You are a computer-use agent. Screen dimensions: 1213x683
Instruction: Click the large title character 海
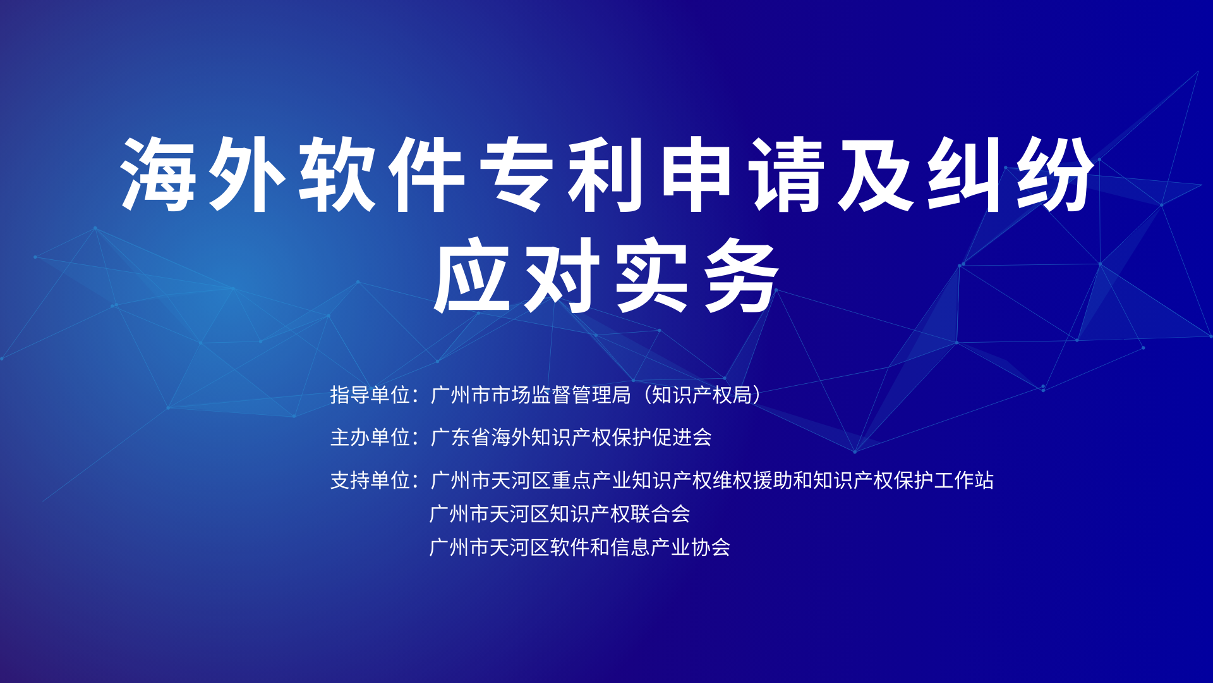tap(159, 174)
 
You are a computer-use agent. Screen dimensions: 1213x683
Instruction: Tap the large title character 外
tap(247, 174)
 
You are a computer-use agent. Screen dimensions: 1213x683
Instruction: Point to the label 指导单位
tap(370, 395)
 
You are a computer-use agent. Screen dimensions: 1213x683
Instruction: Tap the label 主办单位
tap(370, 437)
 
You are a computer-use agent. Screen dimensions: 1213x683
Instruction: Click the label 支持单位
tap(370, 480)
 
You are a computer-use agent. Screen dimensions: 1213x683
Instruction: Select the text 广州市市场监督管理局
tap(531, 395)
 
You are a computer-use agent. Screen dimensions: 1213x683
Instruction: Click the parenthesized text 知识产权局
tap(701, 395)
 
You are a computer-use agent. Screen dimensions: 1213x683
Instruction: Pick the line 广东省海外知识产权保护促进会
tap(571, 437)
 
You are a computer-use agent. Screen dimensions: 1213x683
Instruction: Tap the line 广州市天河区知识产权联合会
tap(560, 514)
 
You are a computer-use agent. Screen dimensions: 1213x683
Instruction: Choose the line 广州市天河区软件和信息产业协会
tap(580, 547)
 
